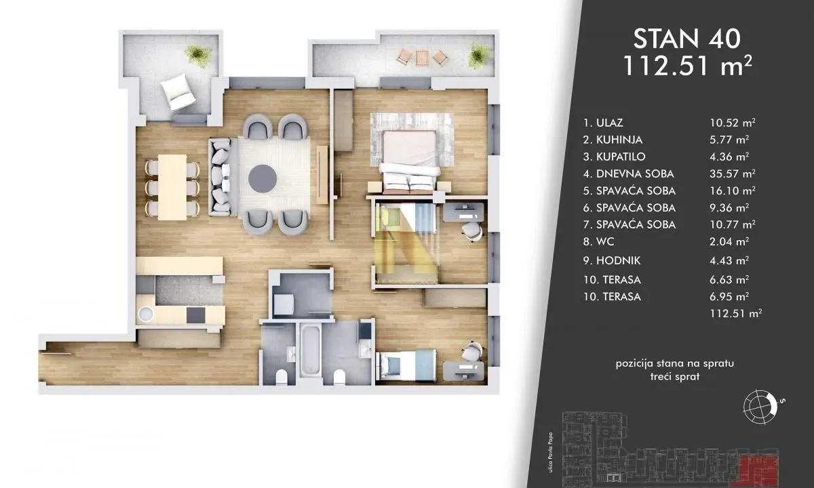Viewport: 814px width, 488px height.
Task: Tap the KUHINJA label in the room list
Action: click(x=615, y=140)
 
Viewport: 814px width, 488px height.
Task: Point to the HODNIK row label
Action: click(x=615, y=261)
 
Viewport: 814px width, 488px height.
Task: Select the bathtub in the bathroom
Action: click(x=311, y=352)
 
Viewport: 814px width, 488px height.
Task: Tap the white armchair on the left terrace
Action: click(x=178, y=92)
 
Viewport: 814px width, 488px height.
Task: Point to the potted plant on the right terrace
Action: click(x=480, y=54)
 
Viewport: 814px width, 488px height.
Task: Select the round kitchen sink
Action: click(x=147, y=314)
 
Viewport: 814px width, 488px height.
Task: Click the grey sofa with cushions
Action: click(x=220, y=177)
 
